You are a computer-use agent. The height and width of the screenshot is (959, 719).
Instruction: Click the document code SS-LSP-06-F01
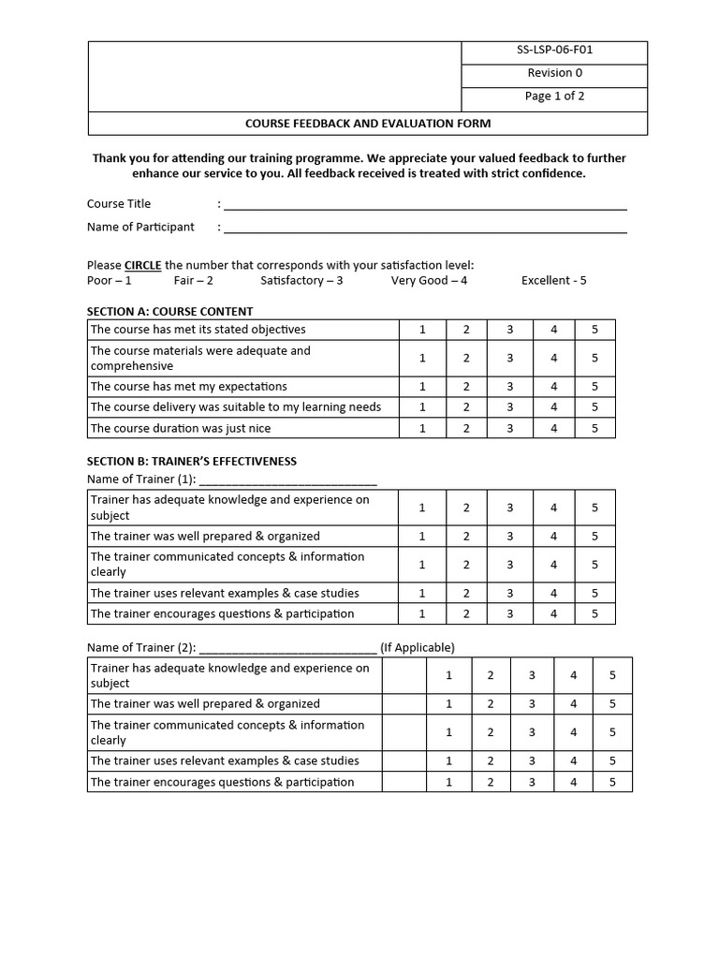pos(554,51)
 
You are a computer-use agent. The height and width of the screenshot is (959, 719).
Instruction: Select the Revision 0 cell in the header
pos(554,73)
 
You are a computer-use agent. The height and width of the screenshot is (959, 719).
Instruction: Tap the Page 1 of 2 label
pos(554,96)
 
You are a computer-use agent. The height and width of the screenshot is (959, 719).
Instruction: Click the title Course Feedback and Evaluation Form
pos(367,124)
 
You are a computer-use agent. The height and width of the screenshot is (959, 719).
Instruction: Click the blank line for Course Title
pos(425,205)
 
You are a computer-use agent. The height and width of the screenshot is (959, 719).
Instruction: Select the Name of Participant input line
pos(425,228)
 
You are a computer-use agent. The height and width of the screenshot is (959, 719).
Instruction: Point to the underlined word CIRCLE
pos(143,266)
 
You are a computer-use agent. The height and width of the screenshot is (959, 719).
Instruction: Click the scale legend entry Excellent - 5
pos(553,281)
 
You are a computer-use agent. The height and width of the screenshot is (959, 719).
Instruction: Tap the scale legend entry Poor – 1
pos(110,281)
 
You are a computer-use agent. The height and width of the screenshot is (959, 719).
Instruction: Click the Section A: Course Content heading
pos(169,312)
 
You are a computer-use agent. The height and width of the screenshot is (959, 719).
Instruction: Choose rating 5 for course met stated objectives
pos(594,330)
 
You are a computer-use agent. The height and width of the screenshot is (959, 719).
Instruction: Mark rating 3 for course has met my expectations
pos(510,387)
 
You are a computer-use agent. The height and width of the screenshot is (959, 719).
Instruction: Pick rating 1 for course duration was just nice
pos(422,429)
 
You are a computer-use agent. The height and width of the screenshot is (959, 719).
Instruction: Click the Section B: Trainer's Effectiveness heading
pos(191,462)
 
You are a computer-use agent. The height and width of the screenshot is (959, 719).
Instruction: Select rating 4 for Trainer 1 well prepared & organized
pos(554,537)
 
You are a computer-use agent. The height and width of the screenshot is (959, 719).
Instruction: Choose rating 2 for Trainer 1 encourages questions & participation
pos(466,614)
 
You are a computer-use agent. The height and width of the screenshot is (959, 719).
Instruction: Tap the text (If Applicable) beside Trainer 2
pos(418,648)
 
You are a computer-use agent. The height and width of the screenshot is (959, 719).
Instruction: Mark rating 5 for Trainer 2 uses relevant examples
pos(612,761)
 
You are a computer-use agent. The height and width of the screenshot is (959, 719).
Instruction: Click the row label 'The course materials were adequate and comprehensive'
pos(200,358)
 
